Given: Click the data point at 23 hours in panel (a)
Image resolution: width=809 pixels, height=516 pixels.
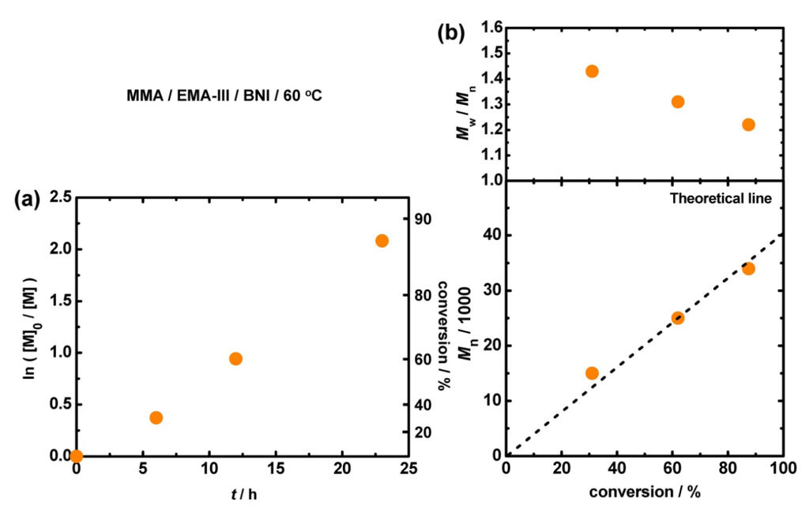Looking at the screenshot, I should [382, 241].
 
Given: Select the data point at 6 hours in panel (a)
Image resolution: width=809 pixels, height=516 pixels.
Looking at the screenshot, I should [156, 417].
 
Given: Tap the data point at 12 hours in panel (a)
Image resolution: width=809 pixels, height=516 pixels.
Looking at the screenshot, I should [235, 359].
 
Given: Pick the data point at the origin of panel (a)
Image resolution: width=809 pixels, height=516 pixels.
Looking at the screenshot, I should [76, 456].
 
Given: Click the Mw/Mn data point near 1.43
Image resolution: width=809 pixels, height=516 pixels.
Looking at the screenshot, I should [592, 71].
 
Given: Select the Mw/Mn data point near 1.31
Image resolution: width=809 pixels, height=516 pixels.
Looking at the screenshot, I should [677, 102].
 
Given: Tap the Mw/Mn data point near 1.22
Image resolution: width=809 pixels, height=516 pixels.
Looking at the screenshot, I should [748, 125].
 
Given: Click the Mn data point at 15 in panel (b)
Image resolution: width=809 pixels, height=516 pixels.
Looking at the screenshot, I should [592, 373].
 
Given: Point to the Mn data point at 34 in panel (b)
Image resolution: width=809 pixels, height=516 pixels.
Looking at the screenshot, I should [748, 269].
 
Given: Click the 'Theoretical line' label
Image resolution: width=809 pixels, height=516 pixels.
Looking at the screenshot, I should [720, 199].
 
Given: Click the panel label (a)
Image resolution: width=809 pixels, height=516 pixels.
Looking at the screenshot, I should [27, 200].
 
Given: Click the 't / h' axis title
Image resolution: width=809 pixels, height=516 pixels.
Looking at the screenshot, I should [239, 495].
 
